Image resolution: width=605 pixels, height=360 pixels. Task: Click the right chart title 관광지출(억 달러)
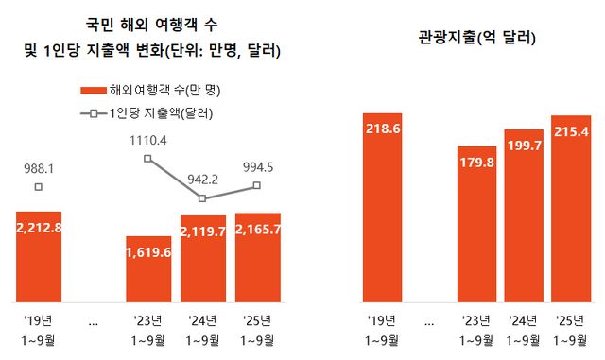tap(477, 39)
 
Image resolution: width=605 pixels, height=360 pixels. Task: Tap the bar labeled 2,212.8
tap(38, 256)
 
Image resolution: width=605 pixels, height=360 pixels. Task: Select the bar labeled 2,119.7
tap(203, 258)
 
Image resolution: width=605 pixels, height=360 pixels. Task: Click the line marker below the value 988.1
tap(38, 187)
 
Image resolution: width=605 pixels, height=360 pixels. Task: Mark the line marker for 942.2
tap(203, 198)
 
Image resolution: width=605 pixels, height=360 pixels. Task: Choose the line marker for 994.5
tap(257, 186)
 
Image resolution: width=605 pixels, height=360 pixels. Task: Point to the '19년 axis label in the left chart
tap(38, 318)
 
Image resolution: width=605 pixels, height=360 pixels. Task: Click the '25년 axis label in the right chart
tap(569, 318)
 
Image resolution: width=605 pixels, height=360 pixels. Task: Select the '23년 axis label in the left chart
tap(149, 318)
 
